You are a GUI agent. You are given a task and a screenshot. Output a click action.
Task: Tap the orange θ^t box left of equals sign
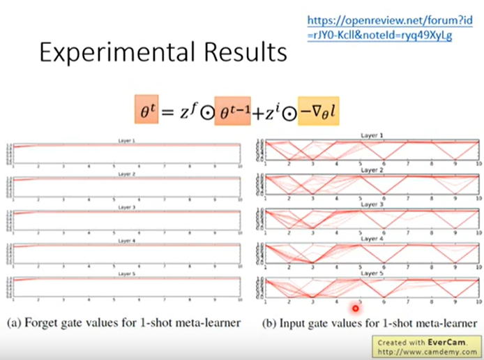coord(145,110)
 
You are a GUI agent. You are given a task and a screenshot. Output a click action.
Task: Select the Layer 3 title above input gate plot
coord(370,205)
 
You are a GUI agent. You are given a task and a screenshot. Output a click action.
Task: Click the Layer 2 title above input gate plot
coord(370,170)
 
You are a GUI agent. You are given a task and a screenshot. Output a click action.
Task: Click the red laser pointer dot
coord(356,307)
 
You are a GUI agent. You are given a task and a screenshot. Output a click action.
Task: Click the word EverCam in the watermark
coord(455,343)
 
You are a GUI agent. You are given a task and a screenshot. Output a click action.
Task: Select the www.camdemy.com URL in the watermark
coord(433,352)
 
